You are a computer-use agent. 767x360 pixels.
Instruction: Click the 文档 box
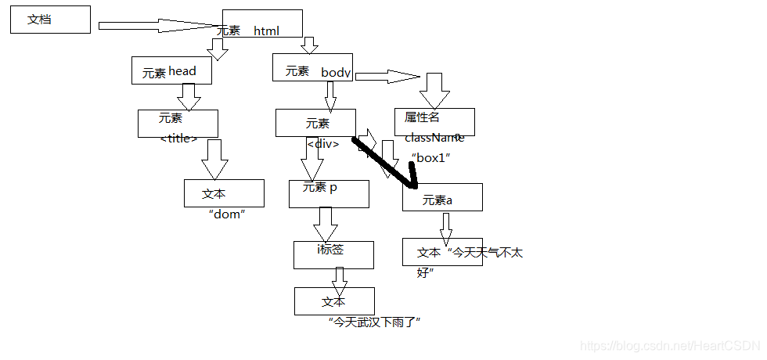50,20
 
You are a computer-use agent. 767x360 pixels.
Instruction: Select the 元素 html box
262,23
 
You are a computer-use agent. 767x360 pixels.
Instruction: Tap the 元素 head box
172,70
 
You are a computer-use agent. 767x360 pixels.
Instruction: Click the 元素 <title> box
178,123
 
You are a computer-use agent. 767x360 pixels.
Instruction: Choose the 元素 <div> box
315,123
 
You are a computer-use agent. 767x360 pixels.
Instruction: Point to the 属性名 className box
434,121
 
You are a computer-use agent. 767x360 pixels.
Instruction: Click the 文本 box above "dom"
224,193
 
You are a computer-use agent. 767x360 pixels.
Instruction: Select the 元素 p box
329,193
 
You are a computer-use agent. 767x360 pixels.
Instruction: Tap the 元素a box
442,197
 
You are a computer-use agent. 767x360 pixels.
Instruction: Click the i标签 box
334,254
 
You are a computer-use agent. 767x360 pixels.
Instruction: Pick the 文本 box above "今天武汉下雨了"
334,301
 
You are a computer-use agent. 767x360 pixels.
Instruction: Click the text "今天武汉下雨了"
375,322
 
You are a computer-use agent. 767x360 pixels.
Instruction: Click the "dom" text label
227,213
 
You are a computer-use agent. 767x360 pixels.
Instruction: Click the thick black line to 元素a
383,162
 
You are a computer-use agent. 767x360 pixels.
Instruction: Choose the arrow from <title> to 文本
214,160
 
